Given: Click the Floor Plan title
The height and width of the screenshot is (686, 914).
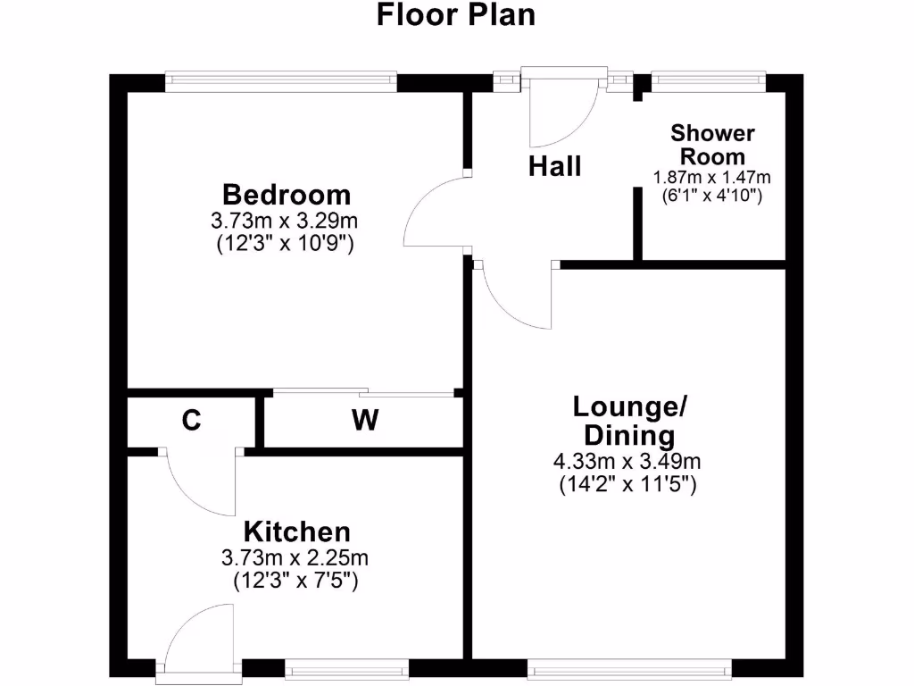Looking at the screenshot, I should tap(456, 15).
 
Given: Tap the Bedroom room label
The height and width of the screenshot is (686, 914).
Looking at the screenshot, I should tap(287, 193).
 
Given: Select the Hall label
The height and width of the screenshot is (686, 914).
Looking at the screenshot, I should tap(554, 166).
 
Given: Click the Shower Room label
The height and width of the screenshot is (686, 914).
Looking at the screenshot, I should tap(712, 145).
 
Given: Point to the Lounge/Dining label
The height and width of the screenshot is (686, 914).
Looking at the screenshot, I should tap(629, 421).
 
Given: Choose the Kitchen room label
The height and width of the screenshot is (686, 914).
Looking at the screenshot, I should tap(297, 532).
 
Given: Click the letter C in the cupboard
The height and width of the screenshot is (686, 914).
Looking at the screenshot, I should tap(191, 421).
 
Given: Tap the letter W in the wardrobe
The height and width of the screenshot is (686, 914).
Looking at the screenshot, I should tap(364, 421).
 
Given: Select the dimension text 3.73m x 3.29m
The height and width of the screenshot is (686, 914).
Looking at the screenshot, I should tap(287, 220).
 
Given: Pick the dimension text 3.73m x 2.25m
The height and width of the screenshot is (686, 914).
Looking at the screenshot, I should tap(295, 558).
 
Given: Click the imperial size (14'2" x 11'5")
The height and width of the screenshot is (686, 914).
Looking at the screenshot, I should tap(628, 486).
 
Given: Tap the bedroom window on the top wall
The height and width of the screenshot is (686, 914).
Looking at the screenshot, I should tap(281, 81).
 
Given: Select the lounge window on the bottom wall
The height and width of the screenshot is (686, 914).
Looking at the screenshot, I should tap(629, 668).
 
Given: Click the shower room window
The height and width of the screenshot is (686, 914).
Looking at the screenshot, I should tap(709, 81).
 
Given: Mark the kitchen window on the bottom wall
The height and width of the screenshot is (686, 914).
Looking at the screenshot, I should tap(347, 668).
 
